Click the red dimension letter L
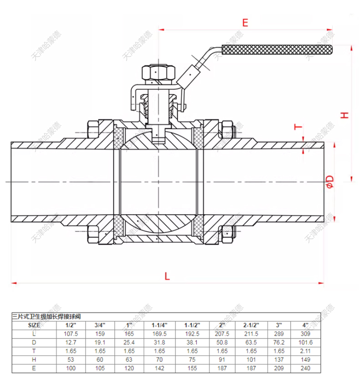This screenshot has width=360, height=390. click(x=167, y=276)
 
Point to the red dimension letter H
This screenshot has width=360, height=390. click(x=345, y=114)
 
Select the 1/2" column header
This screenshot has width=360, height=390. click(x=71, y=325)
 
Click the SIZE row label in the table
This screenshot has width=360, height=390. click(x=34, y=325)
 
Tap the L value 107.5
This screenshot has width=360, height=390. click(x=71, y=334)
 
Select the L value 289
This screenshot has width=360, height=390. click(x=279, y=334)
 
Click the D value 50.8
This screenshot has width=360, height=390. click(x=222, y=342)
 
